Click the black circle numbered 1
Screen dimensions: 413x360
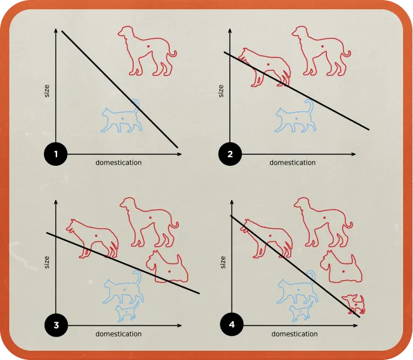(x=56, y=154)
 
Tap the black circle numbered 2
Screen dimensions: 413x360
(x=230, y=154)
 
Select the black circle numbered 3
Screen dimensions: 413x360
(x=56, y=325)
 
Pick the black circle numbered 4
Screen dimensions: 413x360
(x=232, y=325)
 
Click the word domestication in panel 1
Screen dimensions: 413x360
(x=118, y=163)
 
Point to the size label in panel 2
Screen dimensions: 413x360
(x=221, y=91)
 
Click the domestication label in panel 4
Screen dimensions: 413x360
(x=295, y=334)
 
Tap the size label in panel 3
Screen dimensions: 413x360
(x=46, y=262)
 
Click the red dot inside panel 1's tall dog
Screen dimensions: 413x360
(x=148, y=46)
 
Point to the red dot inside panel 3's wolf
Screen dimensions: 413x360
(x=96, y=236)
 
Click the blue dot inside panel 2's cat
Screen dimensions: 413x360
(x=297, y=118)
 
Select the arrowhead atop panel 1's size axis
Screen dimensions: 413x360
(x=56, y=30)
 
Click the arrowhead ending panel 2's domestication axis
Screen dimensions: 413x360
(x=353, y=154)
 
